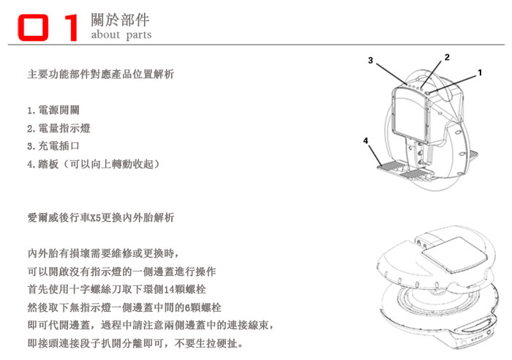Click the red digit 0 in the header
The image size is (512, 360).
tap(33, 28)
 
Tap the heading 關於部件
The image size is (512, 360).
tap(120, 20)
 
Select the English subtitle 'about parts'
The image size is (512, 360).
tap(121, 34)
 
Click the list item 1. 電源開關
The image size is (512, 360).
tap(53, 110)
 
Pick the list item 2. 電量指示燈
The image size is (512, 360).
tap(59, 128)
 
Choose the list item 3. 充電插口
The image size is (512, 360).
tap(53, 146)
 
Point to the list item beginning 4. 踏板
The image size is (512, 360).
tap(94, 164)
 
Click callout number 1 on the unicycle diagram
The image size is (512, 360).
tap(480, 72)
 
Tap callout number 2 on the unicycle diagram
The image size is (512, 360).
tap(447, 57)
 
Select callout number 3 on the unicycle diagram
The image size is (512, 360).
tap(370, 61)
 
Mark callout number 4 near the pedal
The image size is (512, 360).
tap(366, 140)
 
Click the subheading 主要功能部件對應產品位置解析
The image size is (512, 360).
tap(101, 74)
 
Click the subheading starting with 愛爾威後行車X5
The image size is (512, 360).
tap(101, 217)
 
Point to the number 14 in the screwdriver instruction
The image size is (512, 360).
tap(170, 290)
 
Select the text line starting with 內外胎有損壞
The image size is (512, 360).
tap(103, 253)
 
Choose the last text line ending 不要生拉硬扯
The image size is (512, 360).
tap(135, 343)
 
